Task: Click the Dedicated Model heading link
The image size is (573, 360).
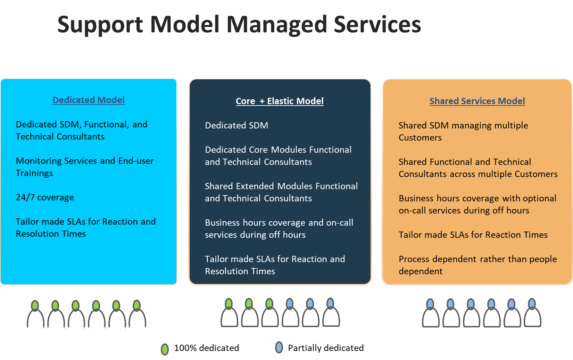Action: [x=88, y=100]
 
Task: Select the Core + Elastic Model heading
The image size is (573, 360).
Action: [x=280, y=101]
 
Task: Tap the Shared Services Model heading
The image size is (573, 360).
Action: [x=477, y=101]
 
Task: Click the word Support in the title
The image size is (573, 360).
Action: [x=100, y=25]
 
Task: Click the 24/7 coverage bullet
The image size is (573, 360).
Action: [x=45, y=197]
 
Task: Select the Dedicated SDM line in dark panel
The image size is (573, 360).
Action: [x=236, y=125]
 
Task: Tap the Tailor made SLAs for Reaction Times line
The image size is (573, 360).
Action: [x=473, y=235]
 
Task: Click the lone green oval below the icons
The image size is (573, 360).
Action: [x=165, y=349]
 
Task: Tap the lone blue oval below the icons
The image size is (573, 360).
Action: [x=279, y=347]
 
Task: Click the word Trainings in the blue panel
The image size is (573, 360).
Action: [x=34, y=173]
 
